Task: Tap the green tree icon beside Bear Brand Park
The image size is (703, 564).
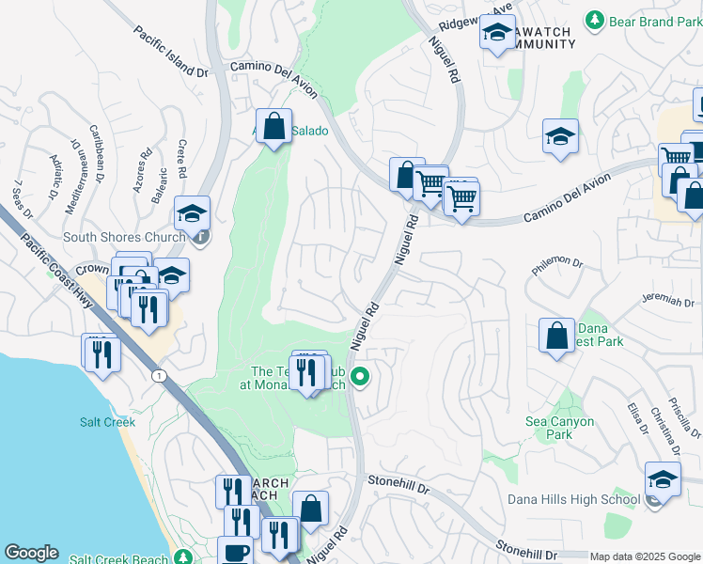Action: [594, 20]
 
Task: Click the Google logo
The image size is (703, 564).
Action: [31, 553]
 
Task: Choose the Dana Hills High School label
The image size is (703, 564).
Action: [573, 499]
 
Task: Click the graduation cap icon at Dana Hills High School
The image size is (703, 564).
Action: [663, 479]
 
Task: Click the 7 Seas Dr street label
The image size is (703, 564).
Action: [25, 196]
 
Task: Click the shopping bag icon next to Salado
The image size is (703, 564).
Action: [273, 126]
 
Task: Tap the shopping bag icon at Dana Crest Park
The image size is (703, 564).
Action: [556, 335]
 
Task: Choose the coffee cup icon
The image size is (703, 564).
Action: [236, 552]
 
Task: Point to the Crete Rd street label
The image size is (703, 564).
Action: [181, 160]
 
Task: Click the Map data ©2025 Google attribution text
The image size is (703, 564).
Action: [645, 556]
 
